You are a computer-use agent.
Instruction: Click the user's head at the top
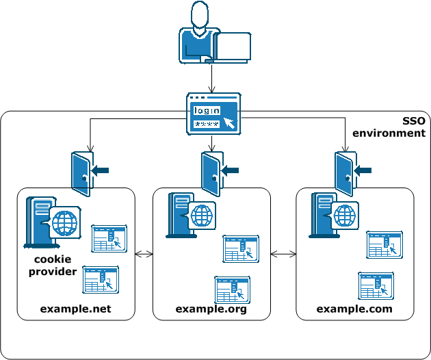[x=199, y=15]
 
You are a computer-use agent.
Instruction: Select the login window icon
[x=213, y=114]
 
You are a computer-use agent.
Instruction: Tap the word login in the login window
[x=207, y=111]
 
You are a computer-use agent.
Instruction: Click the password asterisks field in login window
[x=207, y=124]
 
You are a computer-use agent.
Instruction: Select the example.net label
[x=75, y=309]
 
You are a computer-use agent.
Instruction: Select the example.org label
[x=211, y=309]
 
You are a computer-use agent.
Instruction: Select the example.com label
[x=354, y=309]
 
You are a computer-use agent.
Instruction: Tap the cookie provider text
[x=56, y=266]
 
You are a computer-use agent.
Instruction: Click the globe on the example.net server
[x=66, y=222]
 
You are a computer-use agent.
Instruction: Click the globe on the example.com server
[x=345, y=216]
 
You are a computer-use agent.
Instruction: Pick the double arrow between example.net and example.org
[x=144, y=255]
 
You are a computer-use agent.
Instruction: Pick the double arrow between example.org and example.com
[x=284, y=255]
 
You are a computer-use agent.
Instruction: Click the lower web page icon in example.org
[x=231, y=290]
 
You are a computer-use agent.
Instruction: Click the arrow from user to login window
[x=213, y=78]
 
